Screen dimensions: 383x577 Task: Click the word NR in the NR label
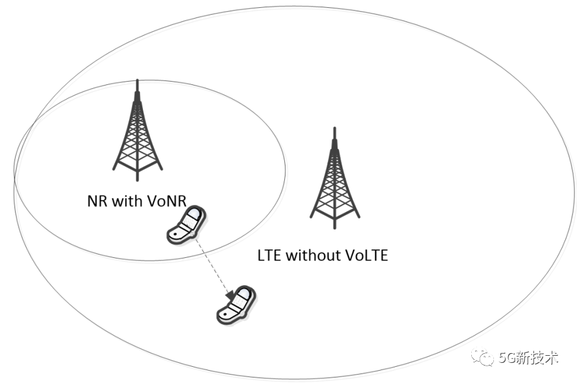click(x=95, y=200)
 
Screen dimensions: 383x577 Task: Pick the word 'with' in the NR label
click(x=126, y=200)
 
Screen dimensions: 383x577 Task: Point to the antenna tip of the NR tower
click(x=137, y=81)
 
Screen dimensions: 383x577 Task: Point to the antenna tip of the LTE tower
click(x=334, y=128)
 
